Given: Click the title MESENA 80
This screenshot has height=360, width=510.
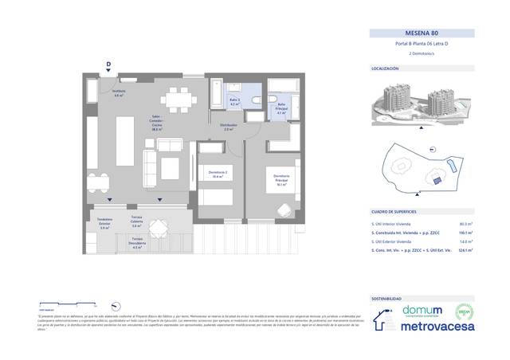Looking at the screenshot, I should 423,33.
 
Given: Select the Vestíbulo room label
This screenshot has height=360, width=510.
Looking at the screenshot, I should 120,94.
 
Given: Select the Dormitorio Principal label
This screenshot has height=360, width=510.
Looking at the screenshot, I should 280,178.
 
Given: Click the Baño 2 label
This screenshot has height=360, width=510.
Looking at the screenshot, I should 235,103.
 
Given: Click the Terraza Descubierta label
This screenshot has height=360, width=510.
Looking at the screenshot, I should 137,245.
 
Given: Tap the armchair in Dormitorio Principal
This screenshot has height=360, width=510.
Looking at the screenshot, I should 284,209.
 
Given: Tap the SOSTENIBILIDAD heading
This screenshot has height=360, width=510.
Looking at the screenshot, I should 389,297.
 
